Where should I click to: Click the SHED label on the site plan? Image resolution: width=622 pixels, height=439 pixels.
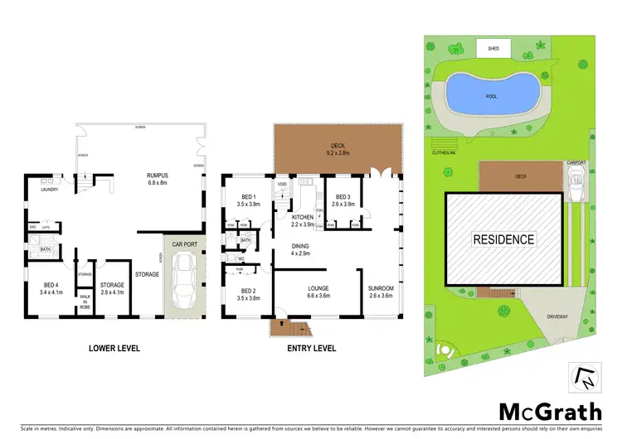(x=493, y=49)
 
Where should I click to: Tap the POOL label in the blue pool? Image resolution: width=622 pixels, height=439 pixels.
(x=492, y=95)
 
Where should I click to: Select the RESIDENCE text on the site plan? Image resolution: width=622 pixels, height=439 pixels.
(x=503, y=239)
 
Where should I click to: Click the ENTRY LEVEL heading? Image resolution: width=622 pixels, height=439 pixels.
(x=313, y=348)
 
